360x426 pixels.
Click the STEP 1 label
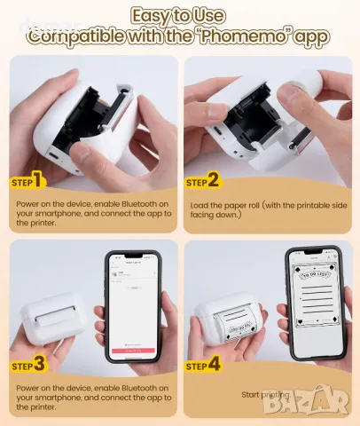point(27,182)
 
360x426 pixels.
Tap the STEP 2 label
point(203,182)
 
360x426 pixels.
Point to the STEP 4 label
point(203,365)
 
